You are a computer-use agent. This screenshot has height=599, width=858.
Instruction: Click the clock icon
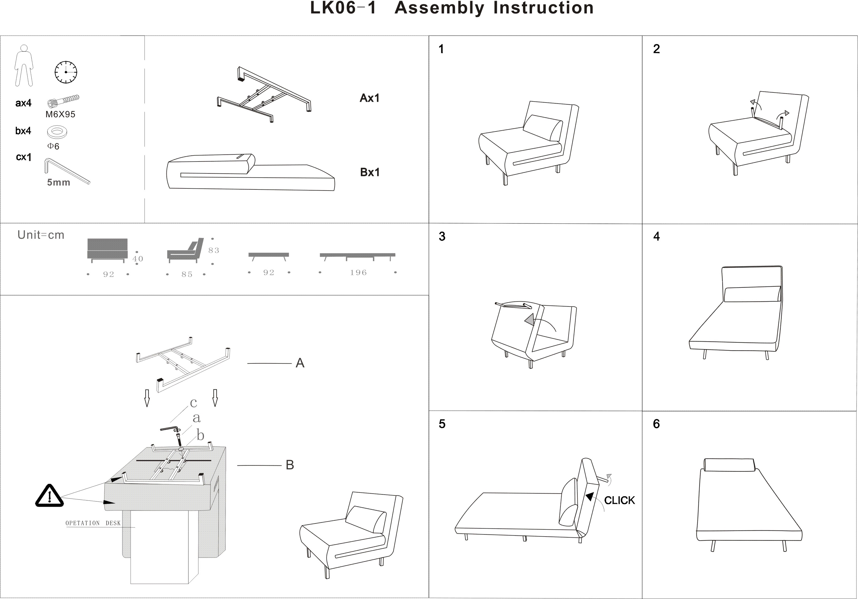[x=66, y=72]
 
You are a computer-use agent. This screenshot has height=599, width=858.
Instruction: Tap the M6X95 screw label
[x=60, y=114]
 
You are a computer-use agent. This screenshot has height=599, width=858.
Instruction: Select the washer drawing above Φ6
[x=57, y=132]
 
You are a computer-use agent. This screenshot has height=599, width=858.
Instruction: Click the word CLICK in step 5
[x=619, y=500]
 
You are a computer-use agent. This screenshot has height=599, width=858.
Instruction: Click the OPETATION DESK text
[x=93, y=523]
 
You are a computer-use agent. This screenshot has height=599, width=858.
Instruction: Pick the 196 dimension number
[x=358, y=272]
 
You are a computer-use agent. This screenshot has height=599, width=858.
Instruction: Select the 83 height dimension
[x=214, y=250]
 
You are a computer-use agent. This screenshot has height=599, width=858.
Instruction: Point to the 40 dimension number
[x=137, y=259]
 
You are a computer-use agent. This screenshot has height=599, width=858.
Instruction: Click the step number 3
[x=442, y=236]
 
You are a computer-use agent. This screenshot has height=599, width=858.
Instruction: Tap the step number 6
[x=656, y=424]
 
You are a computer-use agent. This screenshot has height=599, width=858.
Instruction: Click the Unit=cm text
[x=41, y=235]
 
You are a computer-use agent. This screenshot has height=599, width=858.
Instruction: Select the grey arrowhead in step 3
[x=530, y=320]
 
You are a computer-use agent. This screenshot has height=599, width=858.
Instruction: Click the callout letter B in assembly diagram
[x=290, y=465]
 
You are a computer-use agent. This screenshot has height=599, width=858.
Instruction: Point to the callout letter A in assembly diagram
[x=300, y=363]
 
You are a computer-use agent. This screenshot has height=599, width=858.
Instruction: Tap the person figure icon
[x=23, y=66]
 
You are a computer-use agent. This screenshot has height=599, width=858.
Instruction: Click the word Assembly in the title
[x=439, y=8]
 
